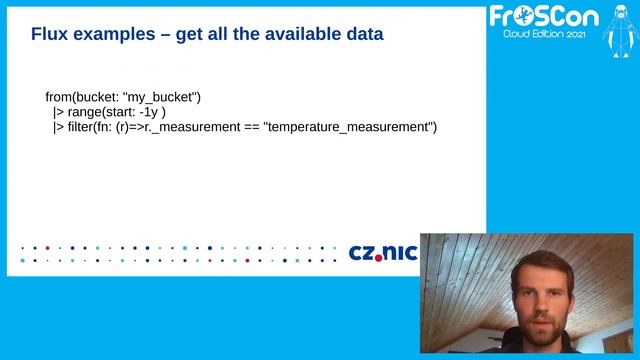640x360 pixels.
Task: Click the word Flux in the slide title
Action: [x=50, y=34]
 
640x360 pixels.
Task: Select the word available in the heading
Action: [x=297, y=34]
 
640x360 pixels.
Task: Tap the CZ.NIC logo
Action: [x=381, y=252]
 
